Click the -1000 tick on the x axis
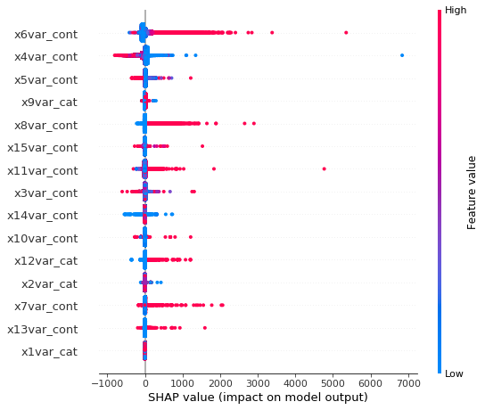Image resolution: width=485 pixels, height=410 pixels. (x=106, y=382)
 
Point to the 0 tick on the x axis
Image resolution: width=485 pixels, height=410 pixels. (x=145, y=382)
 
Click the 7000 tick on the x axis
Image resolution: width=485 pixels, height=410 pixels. (x=407, y=382)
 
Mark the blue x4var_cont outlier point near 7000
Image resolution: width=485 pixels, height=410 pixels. (x=402, y=55)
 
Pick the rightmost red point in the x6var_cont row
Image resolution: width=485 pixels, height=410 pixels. (x=346, y=33)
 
